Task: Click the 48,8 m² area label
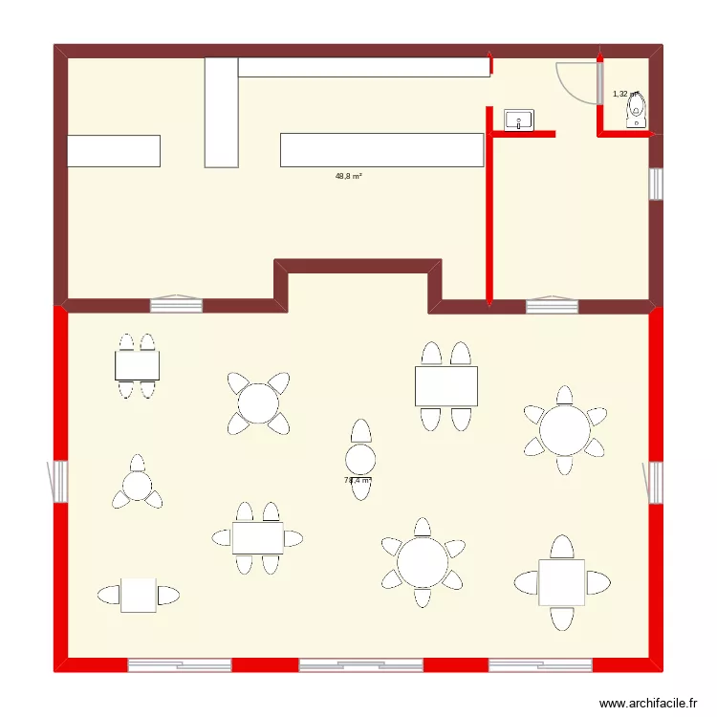click(348, 176)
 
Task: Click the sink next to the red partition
click(519, 119)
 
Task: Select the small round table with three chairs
click(137, 486)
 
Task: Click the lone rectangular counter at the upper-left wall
click(113, 151)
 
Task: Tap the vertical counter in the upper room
click(221, 112)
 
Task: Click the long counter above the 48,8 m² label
click(381, 150)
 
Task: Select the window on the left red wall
click(59, 481)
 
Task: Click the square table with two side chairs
click(139, 595)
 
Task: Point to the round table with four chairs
click(258, 402)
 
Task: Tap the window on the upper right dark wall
click(656, 185)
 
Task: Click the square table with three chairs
click(561, 582)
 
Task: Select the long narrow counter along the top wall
click(363, 67)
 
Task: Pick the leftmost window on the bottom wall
click(180, 664)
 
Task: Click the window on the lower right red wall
click(657, 481)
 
